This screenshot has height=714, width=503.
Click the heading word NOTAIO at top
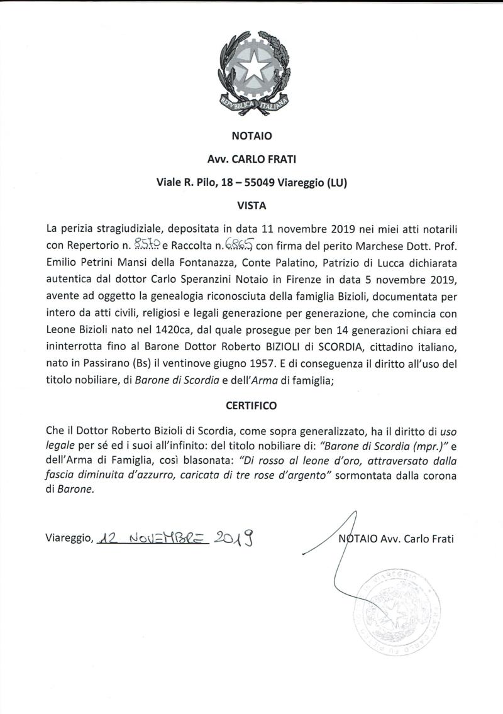click(251, 135)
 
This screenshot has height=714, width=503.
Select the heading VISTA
click(251, 205)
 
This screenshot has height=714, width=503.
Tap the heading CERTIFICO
click(251, 406)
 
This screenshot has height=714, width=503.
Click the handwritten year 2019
click(237, 538)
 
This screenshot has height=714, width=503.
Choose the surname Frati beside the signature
click(440, 539)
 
